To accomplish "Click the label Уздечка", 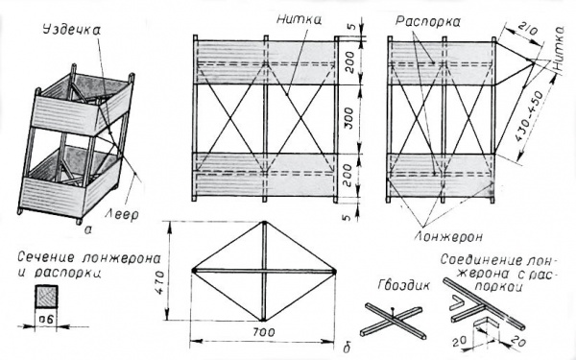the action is [72, 31].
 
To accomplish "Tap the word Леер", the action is [122, 213].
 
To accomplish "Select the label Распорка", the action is [428, 22].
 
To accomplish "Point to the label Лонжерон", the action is [449, 237].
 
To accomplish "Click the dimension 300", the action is [350, 118].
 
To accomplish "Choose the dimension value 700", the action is [263, 332].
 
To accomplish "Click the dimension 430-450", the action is [529, 117].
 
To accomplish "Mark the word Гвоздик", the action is [404, 285].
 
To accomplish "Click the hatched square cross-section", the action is [46, 296].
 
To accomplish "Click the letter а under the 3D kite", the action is [88, 229].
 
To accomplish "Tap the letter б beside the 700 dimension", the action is [346, 348].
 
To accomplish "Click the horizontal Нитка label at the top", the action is [300, 19].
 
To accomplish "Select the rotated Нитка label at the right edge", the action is [559, 48].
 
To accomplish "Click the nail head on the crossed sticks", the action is [393, 309].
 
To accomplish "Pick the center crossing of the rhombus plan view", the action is [263, 271].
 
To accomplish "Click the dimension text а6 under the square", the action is [46, 319].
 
